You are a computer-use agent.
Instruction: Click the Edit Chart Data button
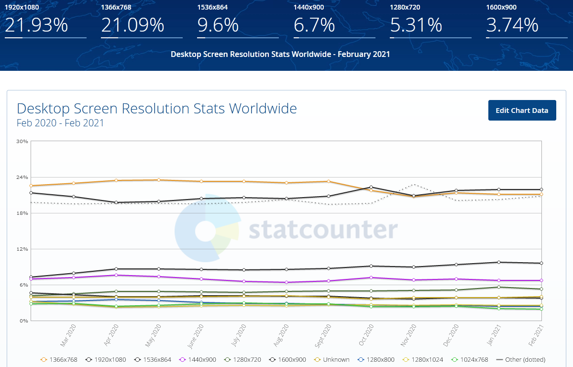522,111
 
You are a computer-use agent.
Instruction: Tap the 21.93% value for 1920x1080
36,25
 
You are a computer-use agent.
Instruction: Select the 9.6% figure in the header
218,25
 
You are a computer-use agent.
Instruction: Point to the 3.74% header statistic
512,25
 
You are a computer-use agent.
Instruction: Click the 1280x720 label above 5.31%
405,7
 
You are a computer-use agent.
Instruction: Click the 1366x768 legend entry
59,360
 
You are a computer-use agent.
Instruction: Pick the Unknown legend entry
332,360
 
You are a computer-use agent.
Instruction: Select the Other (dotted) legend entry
521,360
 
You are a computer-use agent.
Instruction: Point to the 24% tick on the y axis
22,178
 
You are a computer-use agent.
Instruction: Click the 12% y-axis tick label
22,249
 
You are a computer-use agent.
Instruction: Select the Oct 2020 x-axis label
366,335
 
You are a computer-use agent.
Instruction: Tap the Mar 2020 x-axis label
68,335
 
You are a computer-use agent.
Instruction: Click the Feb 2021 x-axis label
536,335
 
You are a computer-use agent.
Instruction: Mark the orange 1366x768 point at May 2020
159,180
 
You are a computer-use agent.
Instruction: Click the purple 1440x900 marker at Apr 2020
116,275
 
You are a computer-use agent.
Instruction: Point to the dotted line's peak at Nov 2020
414,184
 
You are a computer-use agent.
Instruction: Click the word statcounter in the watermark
323,230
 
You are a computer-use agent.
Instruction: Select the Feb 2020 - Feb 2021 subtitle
60,123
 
